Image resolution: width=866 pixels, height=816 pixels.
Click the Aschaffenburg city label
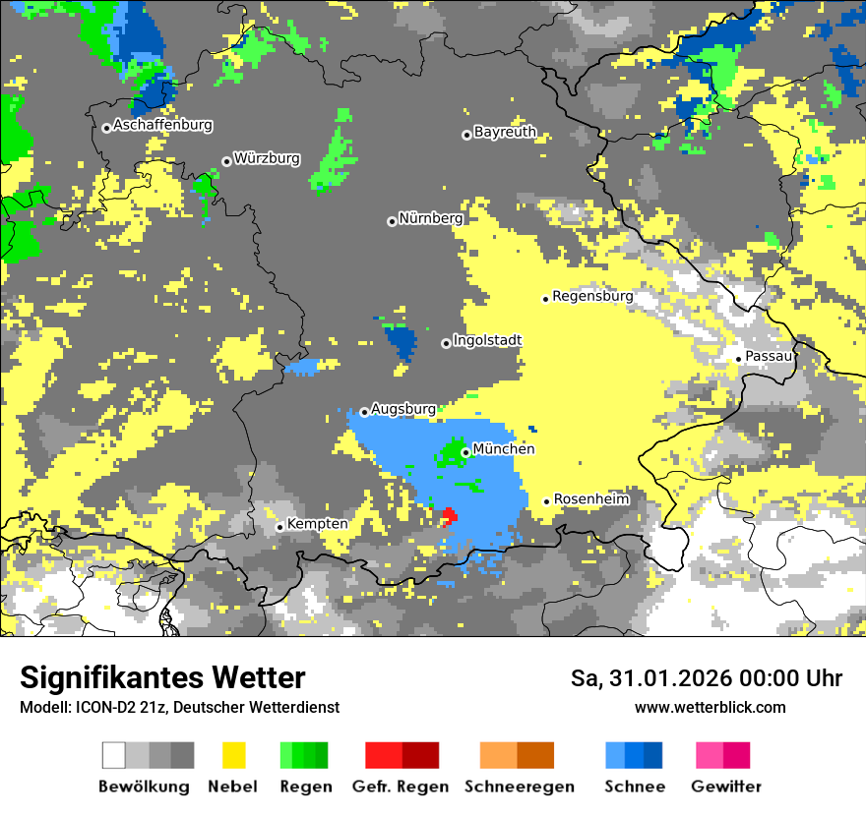click(162, 126)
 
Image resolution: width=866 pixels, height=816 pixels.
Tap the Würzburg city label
click(267, 158)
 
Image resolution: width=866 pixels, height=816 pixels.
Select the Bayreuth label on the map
click(505, 132)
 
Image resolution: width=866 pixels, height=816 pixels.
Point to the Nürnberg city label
click(430, 218)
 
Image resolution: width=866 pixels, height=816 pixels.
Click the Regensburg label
click(592, 296)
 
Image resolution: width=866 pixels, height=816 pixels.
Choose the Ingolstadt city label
click(487, 340)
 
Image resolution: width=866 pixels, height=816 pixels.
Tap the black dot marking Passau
click(739, 359)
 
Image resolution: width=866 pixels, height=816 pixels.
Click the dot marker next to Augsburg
click(364, 412)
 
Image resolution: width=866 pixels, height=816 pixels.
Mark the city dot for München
click(465, 452)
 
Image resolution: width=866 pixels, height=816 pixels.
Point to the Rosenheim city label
click(590, 499)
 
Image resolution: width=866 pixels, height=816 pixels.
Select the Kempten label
click(317, 524)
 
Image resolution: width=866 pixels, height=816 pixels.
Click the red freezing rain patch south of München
click(449, 514)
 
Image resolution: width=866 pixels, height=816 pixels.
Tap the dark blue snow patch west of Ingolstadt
click(402, 342)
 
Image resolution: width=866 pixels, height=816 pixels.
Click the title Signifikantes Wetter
click(162, 677)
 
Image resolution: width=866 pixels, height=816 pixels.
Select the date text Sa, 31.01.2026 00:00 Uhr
click(706, 678)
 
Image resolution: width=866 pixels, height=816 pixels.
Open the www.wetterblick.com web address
click(710, 707)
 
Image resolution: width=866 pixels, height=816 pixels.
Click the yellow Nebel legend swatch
click(233, 755)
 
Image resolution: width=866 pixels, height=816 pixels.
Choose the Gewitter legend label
click(725, 787)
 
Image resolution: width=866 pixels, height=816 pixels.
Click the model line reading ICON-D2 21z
click(179, 707)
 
